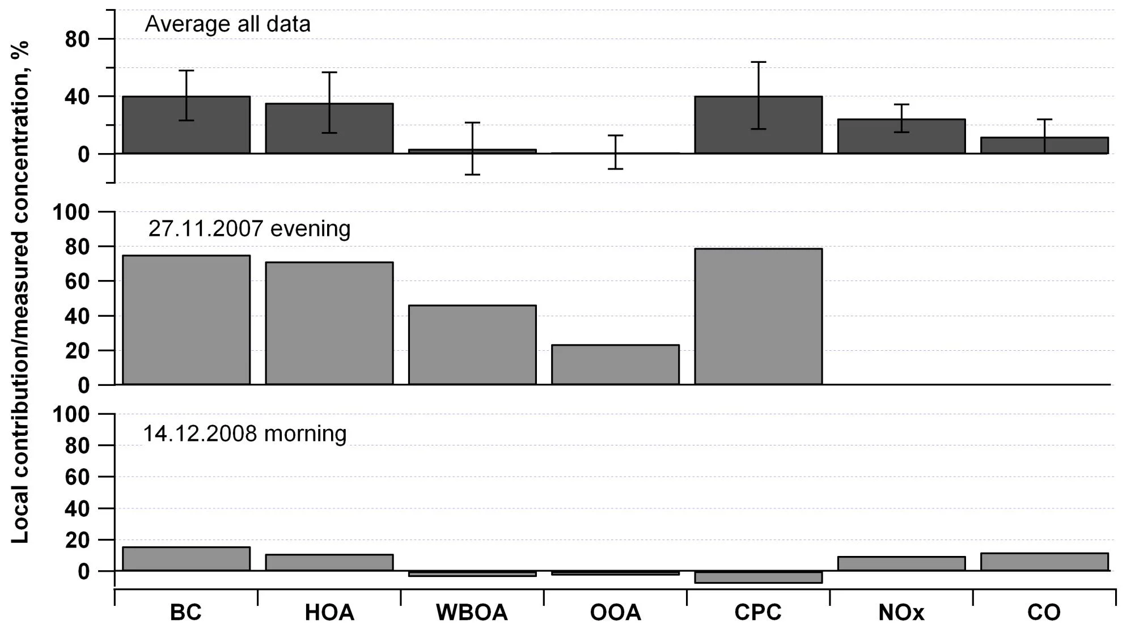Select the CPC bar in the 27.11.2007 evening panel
pos(758,317)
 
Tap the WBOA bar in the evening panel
pos(472,345)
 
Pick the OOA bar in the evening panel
pos(615,365)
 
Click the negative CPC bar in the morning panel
pos(758,577)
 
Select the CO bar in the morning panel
pos(1044,562)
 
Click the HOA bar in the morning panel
pos(329,563)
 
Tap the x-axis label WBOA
pos(472,613)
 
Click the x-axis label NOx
pos(901,613)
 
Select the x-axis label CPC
pos(758,613)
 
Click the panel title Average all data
pos(227,24)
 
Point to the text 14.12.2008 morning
pos(244,434)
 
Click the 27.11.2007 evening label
pos(249,229)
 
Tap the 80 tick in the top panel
pos(77,40)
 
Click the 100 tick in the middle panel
pos(71,213)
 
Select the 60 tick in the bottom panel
pos(77,477)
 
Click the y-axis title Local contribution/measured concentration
pos(20,292)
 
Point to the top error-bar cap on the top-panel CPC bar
pos(758,62)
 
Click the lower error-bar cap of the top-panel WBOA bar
pos(472,175)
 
